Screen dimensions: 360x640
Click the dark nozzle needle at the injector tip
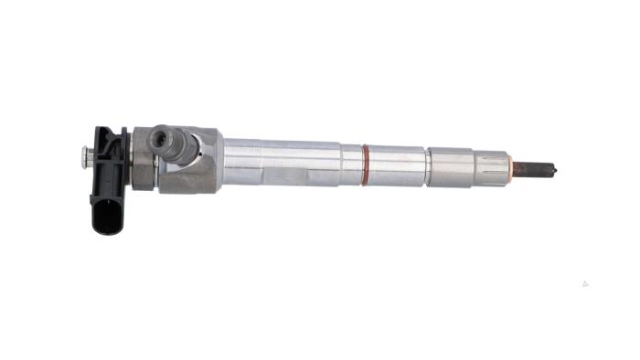[535, 169]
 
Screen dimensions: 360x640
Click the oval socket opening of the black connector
[108, 217]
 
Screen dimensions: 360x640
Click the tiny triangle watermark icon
[584, 283]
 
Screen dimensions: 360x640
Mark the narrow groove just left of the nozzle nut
[426, 166]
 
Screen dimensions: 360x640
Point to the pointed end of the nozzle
[555, 169]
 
